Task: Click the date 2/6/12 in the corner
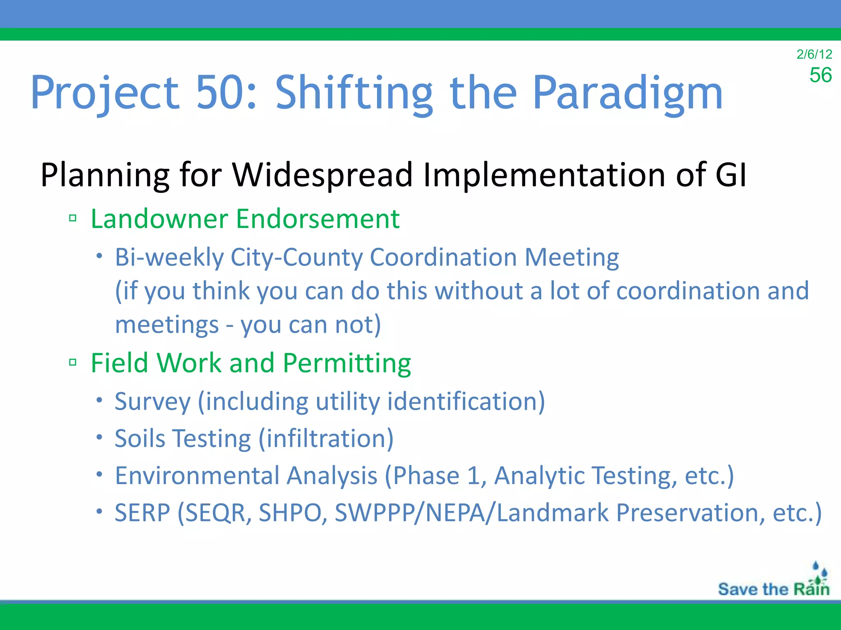(x=814, y=54)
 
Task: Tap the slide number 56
(x=820, y=75)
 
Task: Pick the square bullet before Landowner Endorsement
(x=73, y=218)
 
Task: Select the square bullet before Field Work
(x=73, y=362)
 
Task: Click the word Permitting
(x=347, y=363)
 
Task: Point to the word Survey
(x=152, y=402)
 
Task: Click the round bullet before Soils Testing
(x=99, y=437)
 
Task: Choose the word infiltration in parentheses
(x=326, y=438)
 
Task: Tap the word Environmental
(x=197, y=476)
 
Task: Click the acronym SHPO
(x=290, y=513)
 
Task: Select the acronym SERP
(x=142, y=513)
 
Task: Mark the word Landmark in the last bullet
(x=552, y=513)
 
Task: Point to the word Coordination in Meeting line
(x=443, y=258)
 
